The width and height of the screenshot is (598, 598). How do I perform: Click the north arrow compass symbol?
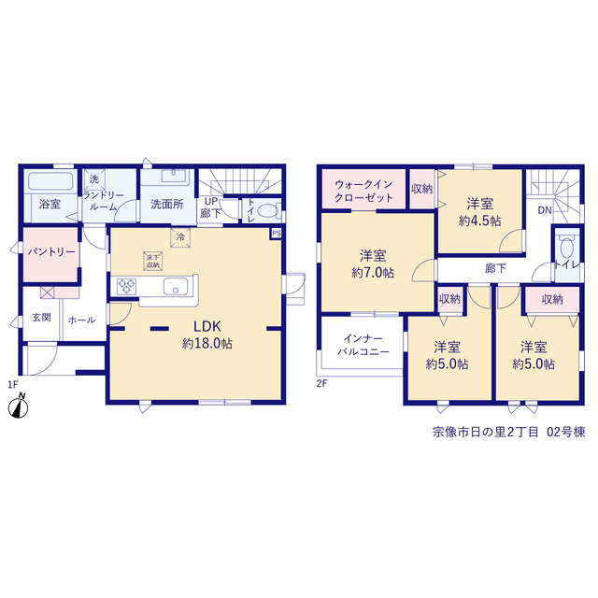click(x=18, y=406)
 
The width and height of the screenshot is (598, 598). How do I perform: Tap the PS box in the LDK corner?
click(x=277, y=233)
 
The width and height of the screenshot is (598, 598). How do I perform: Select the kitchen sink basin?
click(x=176, y=287)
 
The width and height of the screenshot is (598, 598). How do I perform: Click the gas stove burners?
click(x=127, y=287)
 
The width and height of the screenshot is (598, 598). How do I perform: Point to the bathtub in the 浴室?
click(x=50, y=181)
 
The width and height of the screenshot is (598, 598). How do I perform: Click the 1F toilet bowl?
click(x=268, y=210)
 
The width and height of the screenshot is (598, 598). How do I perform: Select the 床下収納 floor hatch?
click(x=153, y=261)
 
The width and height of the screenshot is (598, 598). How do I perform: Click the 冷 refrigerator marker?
click(x=180, y=237)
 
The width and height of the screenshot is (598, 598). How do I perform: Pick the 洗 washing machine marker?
click(x=94, y=178)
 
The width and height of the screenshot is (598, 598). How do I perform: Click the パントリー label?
click(x=51, y=252)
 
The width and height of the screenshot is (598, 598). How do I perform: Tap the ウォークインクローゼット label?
click(x=363, y=191)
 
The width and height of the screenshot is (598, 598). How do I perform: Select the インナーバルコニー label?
click(x=363, y=345)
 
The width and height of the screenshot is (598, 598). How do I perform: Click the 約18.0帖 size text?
click(x=207, y=344)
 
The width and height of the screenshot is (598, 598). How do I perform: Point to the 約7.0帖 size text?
click(x=373, y=273)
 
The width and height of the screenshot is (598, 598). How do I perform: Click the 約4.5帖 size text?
click(x=479, y=221)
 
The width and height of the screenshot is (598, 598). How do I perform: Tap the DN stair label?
click(x=545, y=210)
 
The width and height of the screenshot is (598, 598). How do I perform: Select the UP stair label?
click(x=211, y=201)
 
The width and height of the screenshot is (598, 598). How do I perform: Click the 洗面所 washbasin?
click(x=174, y=176)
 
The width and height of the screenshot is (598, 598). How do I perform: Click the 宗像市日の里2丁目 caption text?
click(x=486, y=432)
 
